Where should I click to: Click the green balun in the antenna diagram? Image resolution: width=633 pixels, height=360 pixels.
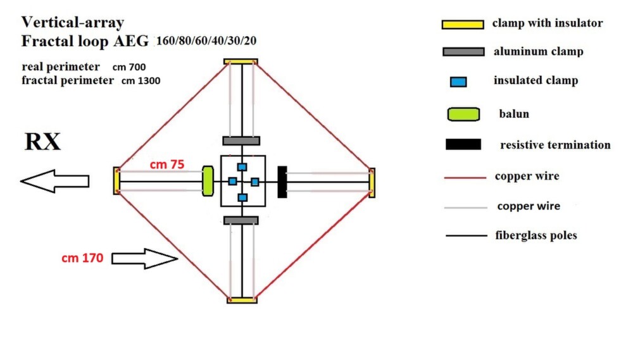point(208,181)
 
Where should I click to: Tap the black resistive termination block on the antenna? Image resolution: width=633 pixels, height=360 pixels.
point(282,182)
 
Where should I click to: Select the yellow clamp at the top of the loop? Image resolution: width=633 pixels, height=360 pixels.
point(241,62)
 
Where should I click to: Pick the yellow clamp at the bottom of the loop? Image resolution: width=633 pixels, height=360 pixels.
point(242,300)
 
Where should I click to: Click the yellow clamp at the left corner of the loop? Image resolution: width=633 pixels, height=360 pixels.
point(116,181)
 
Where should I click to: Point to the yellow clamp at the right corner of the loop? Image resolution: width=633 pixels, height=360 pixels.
point(372,183)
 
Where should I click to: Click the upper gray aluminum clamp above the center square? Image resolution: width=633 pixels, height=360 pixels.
point(241,141)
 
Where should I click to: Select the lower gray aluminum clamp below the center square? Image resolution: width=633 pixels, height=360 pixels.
point(241,220)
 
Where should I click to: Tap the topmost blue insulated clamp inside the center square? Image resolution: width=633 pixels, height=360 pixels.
point(242,167)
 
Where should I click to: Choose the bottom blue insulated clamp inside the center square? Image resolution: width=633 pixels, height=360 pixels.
point(242,197)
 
